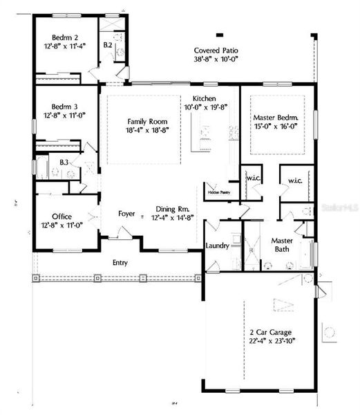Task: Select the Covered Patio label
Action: click(x=218, y=50)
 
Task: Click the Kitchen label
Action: click(x=206, y=98)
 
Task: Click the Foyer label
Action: click(x=126, y=214)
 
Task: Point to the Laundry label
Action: click(x=218, y=246)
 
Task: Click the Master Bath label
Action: click(x=278, y=244)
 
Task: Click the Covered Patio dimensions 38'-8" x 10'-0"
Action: click(x=218, y=60)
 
